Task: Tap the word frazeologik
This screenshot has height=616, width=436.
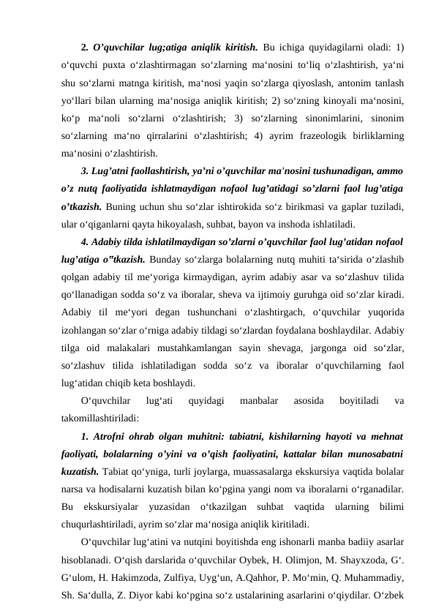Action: coord(313,135)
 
